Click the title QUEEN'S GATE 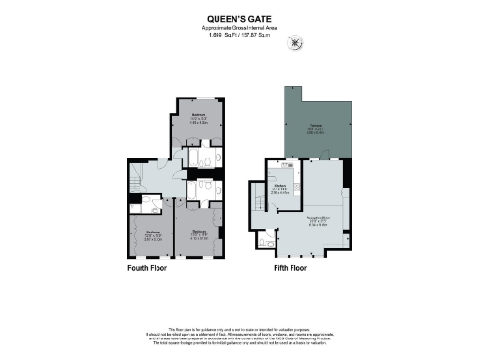[x=239, y=17]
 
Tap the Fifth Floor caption [x=283, y=268]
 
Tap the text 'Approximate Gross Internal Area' [x=239, y=27]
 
